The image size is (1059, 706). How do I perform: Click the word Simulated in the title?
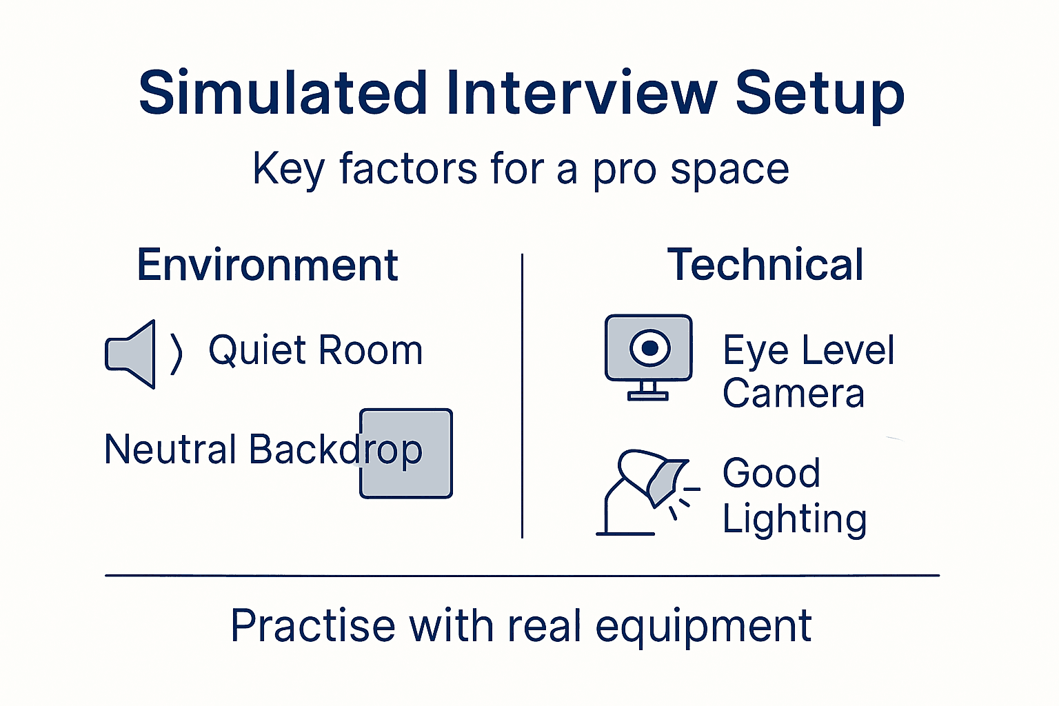[x=283, y=93]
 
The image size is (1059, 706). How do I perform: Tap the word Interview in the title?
[x=581, y=93]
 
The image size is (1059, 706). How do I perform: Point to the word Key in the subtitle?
[x=288, y=170]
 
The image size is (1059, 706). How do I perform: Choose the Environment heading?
[x=268, y=265]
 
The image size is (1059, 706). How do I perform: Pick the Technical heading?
[x=765, y=265]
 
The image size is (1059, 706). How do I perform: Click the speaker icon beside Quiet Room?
[x=132, y=354]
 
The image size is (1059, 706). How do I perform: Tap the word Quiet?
[x=257, y=351]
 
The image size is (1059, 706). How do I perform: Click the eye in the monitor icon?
[x=649, y=348]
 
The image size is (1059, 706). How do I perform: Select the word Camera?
[x=793, y=394]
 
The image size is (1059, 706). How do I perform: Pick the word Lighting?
[x=794, y=520]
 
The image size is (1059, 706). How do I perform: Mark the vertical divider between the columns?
[x=522, y=396]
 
